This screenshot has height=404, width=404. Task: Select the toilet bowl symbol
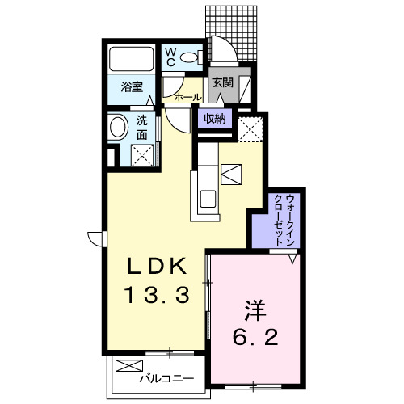pyautogui.click(x=191, y=57)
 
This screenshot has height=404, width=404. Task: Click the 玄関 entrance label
pyautogui.click(x=222, y=82)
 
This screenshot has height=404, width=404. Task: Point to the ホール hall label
pyautogui.click(x=188, y=97)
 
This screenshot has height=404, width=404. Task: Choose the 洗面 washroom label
pyautogui.click(x=141, y=130)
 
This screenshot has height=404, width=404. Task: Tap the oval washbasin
pyautogui.click(x=119, y=128)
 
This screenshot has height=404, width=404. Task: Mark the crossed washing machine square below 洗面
pyautogui.click(x=144, y=154)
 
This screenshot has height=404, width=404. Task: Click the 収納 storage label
pyautogui.click(x=215, y=119)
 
